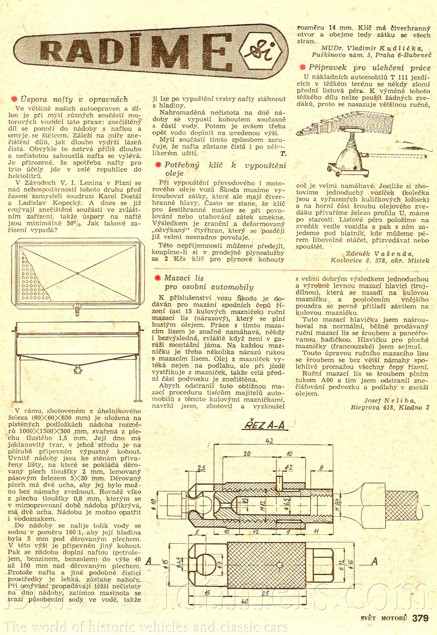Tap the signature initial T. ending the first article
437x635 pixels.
click(283, 154)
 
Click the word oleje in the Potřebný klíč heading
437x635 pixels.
click(174, 173)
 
